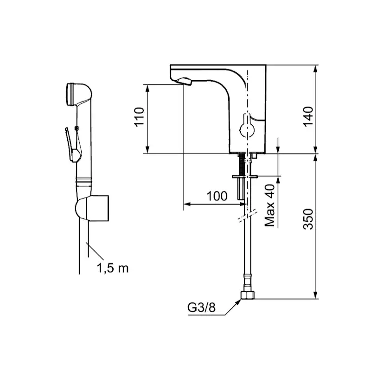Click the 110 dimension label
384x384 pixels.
coord(139,117)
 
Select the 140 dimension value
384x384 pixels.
coord(308,116)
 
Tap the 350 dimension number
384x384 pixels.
coord(308,219)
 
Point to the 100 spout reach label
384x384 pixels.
coord(217,196)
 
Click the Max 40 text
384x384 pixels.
coord(269,205)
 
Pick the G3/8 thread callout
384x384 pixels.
coord(201,307)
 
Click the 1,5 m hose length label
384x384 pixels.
coord(113,268)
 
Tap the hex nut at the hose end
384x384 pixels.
coord(248,295)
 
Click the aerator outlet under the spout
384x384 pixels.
coord(184,81)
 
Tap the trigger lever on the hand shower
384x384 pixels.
coord(71,145)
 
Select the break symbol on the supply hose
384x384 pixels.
coord(248,216)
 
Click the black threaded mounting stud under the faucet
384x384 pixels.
coord(242,164)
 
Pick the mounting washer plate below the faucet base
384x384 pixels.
coord(245,177)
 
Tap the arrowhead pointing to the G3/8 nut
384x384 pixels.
coord(237,302)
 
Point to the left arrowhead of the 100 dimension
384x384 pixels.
coord(187,204)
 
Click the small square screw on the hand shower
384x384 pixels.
coord(77,128)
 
